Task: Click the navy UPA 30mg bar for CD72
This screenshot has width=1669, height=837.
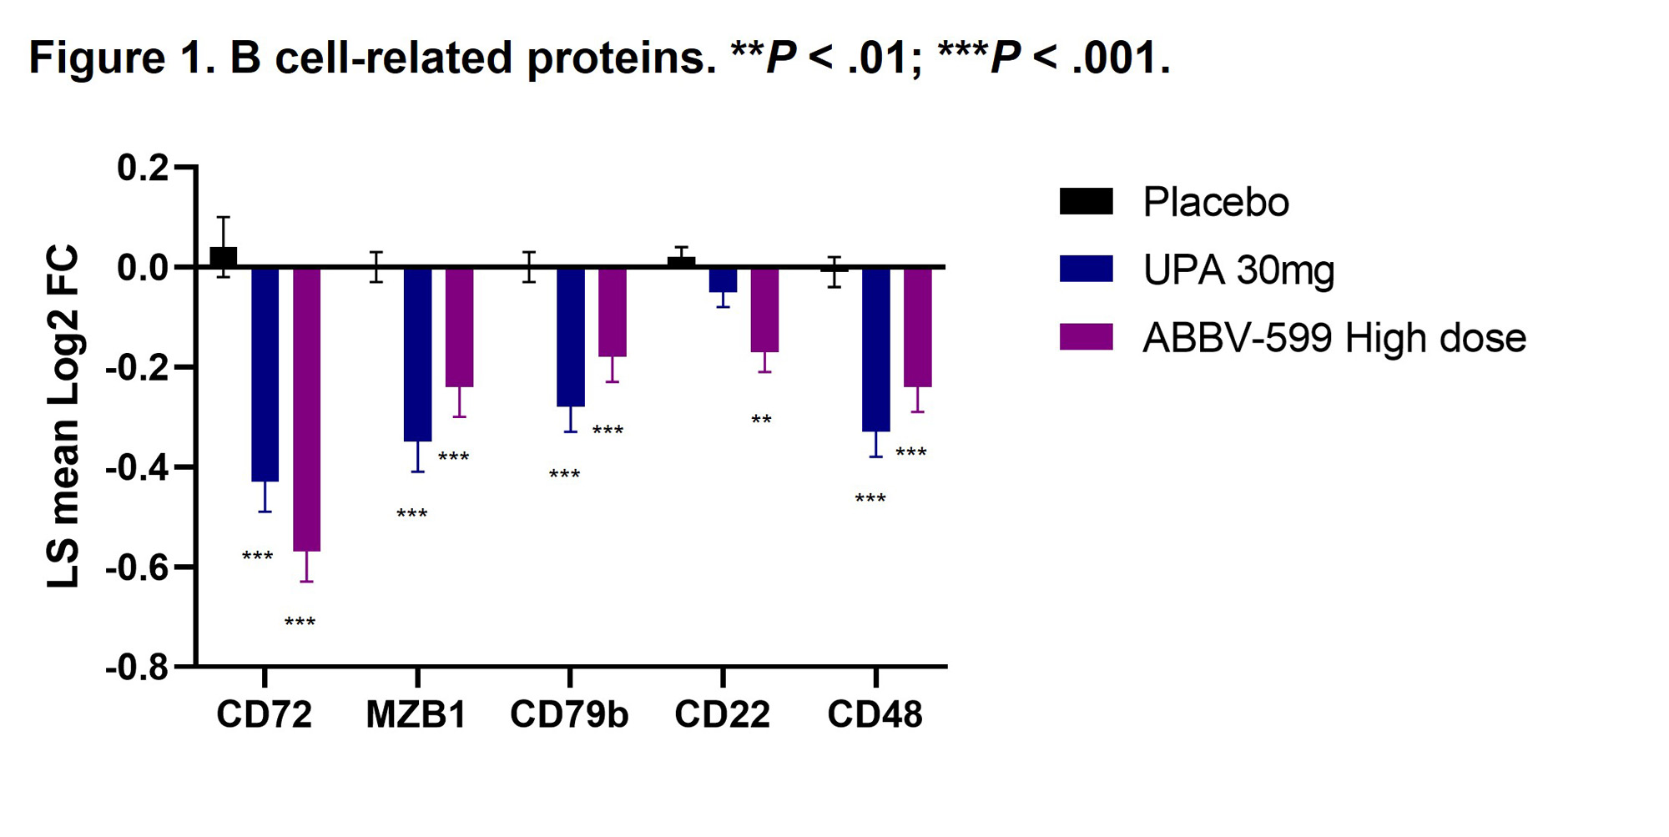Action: coord(265,374)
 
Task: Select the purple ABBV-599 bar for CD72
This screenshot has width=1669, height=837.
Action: coord(306,409)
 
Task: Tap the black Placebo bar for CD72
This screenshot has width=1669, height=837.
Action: coord(224,257)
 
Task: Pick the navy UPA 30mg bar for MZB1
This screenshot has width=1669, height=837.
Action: coord(417,354)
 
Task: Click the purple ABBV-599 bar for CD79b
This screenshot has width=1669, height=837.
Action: coord(612,312)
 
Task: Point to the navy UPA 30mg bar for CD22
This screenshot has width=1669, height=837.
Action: coord(723,280)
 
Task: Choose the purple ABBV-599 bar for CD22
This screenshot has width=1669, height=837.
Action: coord(764,310)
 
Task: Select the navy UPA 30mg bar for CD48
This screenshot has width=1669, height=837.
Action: coord(875,349)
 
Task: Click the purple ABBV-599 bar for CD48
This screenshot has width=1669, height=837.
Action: coord(917,327)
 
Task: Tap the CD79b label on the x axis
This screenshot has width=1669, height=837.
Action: coord(569,715)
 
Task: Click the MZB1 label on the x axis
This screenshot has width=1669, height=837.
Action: coord(416,715)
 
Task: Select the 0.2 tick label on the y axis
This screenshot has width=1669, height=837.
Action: coord(144,168)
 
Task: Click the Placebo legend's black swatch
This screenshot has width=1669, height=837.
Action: coord(1086,202)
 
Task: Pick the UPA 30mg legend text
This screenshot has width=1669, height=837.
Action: coord(1238,270)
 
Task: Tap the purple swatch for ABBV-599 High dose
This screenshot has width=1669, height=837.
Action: coord(1086,337)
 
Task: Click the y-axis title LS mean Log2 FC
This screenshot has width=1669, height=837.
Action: coord(63,416)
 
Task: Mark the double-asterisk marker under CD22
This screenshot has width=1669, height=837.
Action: coord(761,421)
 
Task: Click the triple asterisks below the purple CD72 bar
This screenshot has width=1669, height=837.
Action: coord(300,623)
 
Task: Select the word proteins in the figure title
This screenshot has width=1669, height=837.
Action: coord(622,58)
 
